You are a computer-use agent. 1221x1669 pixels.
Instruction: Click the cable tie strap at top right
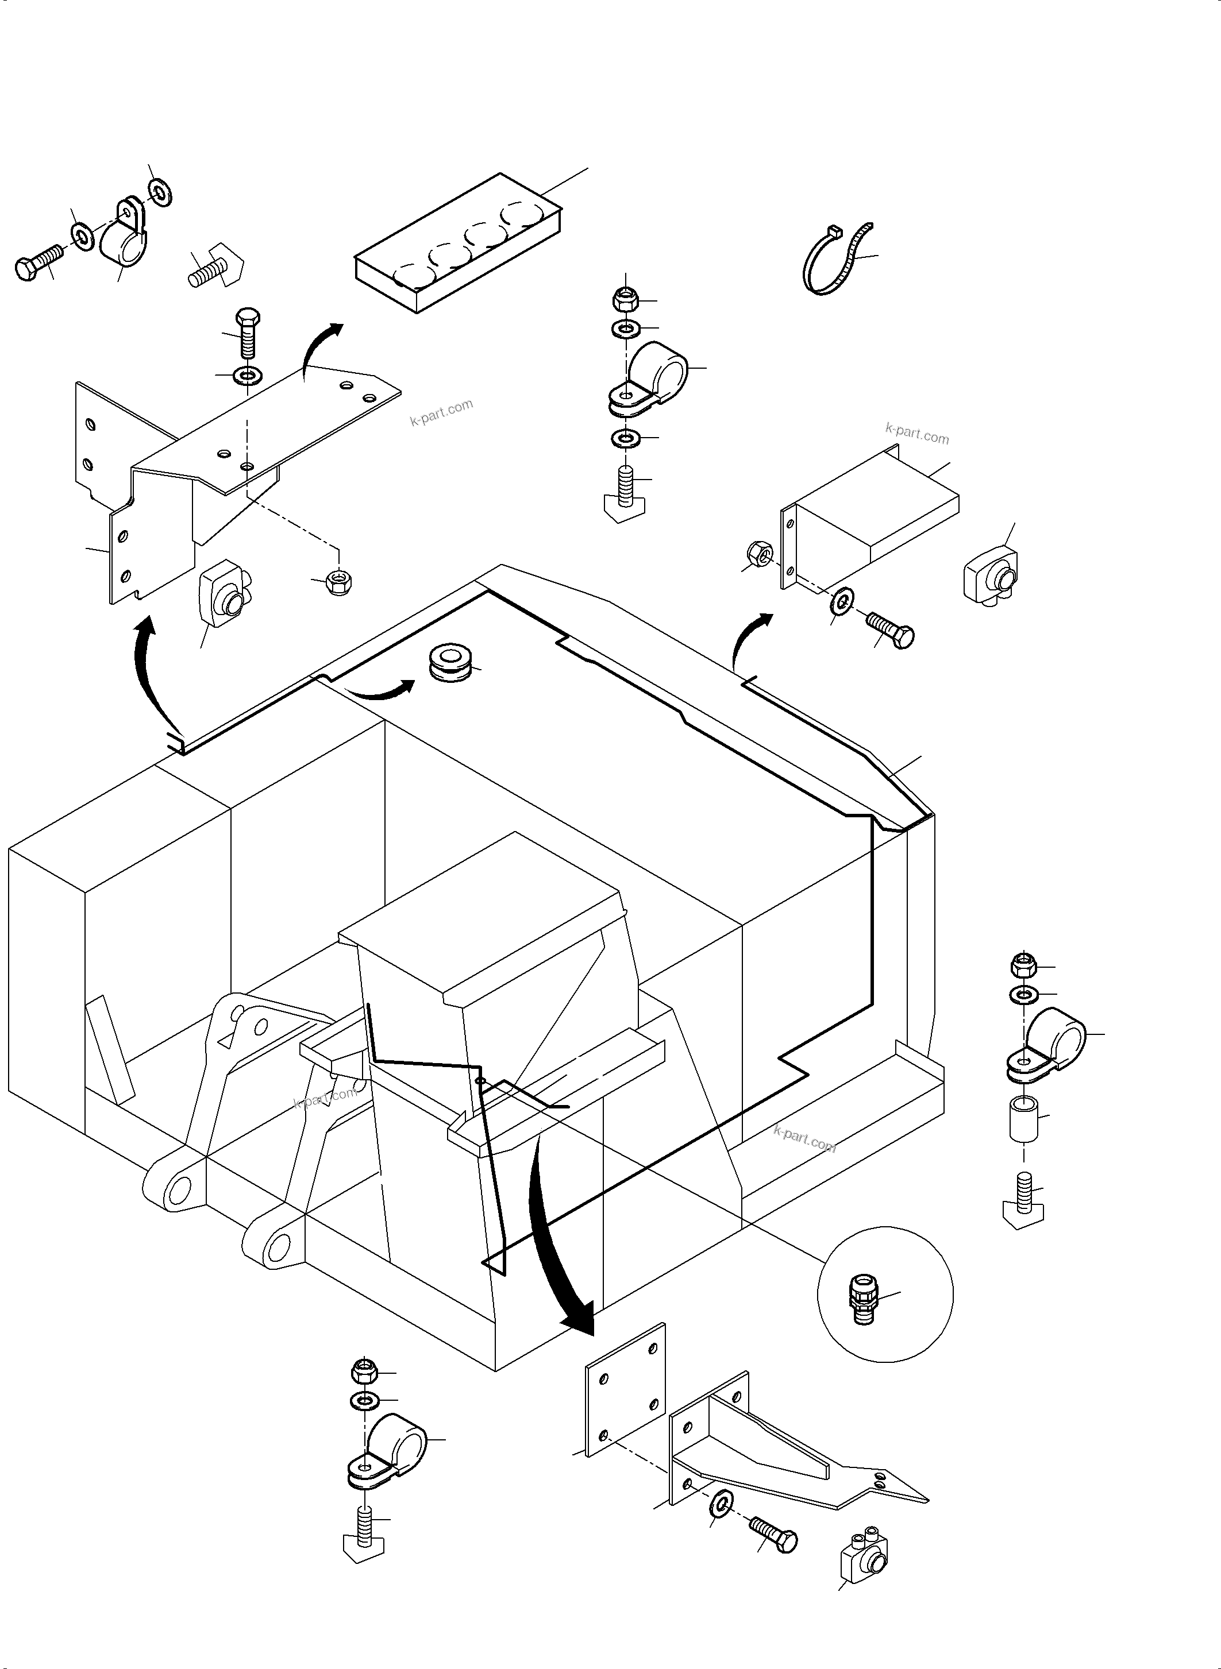(835, 262)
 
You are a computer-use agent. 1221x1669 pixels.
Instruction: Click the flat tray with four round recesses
(459, 244)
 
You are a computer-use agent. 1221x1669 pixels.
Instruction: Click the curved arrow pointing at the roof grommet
(380, 691)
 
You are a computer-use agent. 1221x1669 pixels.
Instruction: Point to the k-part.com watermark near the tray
(441, 412)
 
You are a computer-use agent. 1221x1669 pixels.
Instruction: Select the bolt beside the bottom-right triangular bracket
(773, 1535)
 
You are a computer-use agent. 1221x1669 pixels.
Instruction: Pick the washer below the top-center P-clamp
(626, 439)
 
